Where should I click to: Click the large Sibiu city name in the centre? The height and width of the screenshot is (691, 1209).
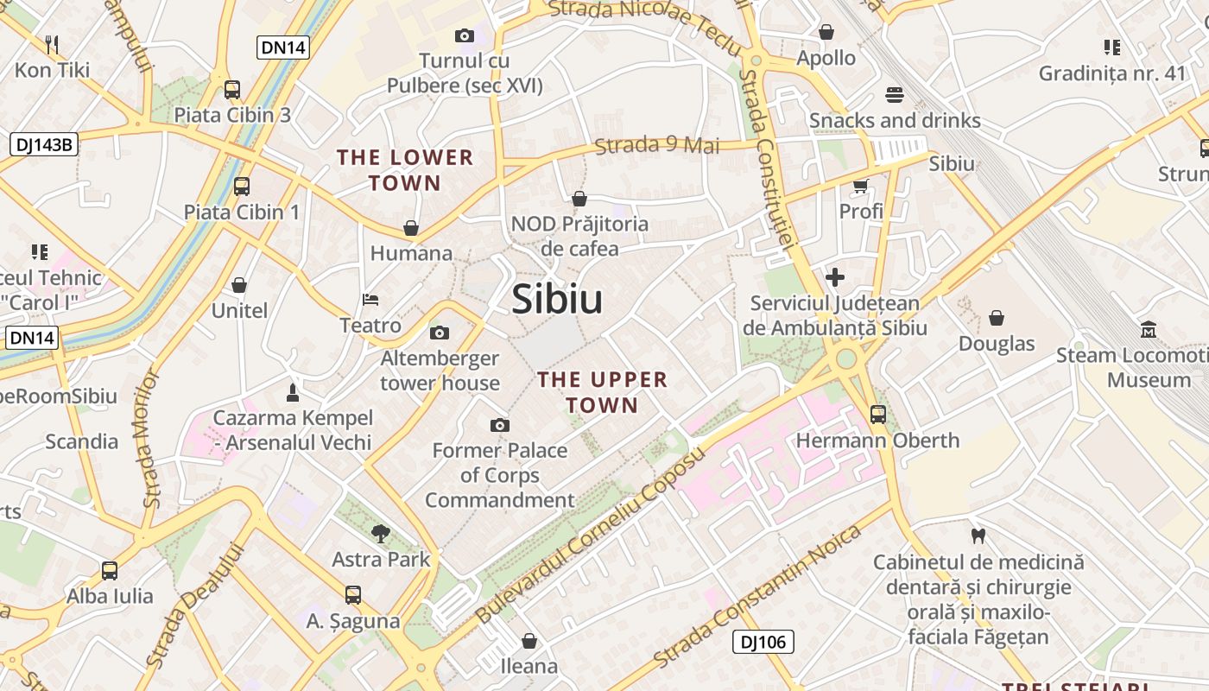(x=557, y=299)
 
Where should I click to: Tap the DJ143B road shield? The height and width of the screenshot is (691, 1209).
(x=43, y=144)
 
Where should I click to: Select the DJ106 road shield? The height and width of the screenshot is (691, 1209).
(x=763, y=642)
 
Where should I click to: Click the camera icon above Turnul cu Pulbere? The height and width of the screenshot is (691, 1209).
(x=465, y=35)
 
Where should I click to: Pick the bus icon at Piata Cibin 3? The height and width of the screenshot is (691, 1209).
(x=232, y=89)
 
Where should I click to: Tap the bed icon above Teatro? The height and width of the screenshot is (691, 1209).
(x=370, y=300)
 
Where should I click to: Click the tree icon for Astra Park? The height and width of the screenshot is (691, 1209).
(x=380, y=533)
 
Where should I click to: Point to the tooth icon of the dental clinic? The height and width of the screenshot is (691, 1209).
(x=978, y=536)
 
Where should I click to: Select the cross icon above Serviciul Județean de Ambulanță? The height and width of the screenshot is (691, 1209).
(x=835, y=277)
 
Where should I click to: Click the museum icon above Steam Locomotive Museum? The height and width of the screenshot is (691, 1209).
(x=1149, y=329)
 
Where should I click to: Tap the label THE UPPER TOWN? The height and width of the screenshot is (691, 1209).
(x=602, y=392)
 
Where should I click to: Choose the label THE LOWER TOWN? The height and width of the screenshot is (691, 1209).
(x=405, y=170)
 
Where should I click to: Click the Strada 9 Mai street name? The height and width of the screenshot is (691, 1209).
(x=657, y=144)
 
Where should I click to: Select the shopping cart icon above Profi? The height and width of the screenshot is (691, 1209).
(x=860, y=186)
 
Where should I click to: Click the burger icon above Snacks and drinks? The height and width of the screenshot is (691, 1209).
(x=895, y=94)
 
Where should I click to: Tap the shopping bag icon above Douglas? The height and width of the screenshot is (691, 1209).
(x=997, y=318)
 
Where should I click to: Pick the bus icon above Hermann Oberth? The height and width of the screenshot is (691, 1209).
(x=878, y=415)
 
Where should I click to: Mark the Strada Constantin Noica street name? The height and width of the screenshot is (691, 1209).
(x=757, y=596)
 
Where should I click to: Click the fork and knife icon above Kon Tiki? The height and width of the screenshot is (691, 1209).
(x=52, y=44)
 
